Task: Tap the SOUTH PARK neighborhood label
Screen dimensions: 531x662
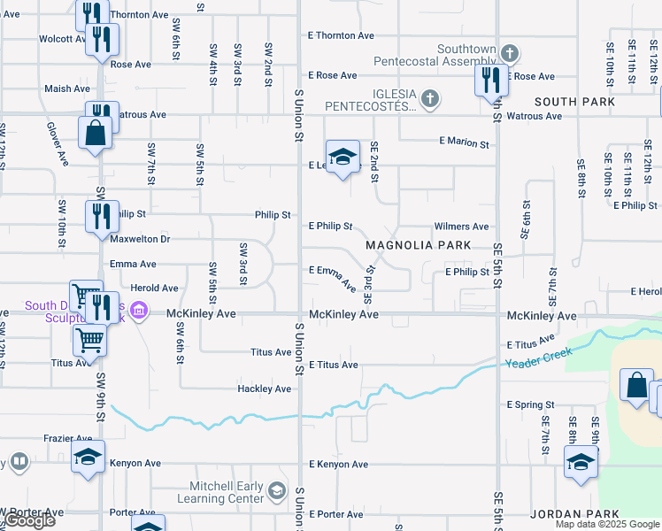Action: click(574, 102)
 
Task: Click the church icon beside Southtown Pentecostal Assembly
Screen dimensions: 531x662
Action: click(509, 53)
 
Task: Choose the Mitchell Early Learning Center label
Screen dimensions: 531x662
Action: click(227, 492)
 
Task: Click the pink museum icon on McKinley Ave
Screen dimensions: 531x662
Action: click(137, 312)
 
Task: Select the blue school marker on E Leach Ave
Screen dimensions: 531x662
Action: click(343, 157)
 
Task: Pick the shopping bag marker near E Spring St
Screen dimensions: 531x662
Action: click(637, 386)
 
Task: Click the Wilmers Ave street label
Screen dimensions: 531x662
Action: click(460, 227)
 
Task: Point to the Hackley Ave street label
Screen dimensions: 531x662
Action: click(264, 389)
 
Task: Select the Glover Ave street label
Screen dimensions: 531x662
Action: click(58, 144)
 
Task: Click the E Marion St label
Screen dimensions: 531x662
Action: click(464, 142)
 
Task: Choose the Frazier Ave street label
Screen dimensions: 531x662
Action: click(68, 438)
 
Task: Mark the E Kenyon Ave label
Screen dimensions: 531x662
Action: click(338, 464)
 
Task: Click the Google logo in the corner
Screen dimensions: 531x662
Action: click(29, 520)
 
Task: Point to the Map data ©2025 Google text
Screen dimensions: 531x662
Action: click(607, 524)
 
